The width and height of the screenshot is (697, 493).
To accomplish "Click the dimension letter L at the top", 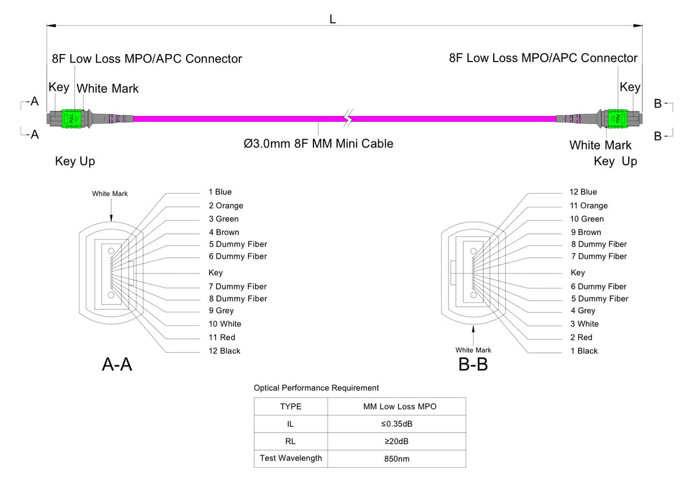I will tap(332, 19).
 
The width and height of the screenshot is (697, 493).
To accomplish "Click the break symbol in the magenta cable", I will tap(347, 118).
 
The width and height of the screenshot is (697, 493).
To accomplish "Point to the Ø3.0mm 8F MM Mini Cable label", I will tap(319, 144).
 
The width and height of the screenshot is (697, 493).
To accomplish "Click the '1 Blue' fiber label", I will tap(220, 192).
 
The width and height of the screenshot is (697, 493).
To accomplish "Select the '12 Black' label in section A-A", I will tap(224, 351).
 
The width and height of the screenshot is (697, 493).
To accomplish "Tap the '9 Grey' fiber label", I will tap(221, 311).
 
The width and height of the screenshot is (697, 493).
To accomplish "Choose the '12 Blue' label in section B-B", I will tap(583, 192).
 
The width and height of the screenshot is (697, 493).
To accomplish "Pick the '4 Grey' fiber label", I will tap(583, 311).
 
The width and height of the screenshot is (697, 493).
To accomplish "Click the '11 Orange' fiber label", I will tap(588, 206).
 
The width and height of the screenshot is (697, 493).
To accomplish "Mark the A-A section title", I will tap(117, 364).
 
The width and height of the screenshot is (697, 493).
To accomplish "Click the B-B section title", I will tap(473, 364).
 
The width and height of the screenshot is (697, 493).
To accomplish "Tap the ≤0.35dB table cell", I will tap(396, 424).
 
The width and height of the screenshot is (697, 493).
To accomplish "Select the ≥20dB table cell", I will tap(396, 441).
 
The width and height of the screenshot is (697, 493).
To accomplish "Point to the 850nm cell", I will tap(396, 459).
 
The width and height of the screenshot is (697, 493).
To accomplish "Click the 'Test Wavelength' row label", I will tap(291, 458).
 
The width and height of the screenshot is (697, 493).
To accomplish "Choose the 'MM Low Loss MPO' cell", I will tap(396, 406).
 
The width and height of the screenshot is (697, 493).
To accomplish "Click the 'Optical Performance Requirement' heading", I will tap(316, 388).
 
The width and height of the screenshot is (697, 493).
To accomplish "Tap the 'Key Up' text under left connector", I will tap(75, 161).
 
